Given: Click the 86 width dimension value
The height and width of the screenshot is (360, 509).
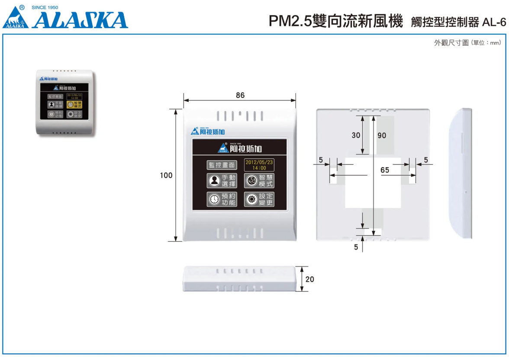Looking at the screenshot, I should pos(240,95).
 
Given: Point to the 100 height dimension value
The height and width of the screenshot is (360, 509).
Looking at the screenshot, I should pos(166,175).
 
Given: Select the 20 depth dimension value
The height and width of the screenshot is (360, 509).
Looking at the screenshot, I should pos(310,279).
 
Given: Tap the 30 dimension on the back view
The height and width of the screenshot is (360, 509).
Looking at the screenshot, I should pos(356,135).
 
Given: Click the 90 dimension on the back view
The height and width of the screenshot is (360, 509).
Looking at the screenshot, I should pos(382,135).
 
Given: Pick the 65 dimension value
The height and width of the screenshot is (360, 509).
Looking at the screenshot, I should pos(385,170).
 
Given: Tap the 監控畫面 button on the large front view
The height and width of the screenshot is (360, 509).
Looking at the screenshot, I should pos(222,165).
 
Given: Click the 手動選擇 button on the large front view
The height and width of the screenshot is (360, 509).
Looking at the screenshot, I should pos(222,181).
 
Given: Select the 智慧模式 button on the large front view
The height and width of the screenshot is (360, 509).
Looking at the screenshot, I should pos(259,181).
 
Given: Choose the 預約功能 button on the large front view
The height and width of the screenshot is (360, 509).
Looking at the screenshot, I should pos(222,199).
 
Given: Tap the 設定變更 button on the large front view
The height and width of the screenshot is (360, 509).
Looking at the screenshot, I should pos(259,199).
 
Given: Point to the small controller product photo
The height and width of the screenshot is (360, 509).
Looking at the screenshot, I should pos(65,103).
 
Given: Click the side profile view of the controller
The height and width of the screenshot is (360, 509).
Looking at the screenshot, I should pos(461,173).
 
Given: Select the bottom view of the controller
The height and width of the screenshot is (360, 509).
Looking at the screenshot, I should pos(240,279).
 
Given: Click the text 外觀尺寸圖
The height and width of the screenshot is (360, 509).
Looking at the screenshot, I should pos(451,43).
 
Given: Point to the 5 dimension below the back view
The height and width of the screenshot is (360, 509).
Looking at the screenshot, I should pos(356,247).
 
